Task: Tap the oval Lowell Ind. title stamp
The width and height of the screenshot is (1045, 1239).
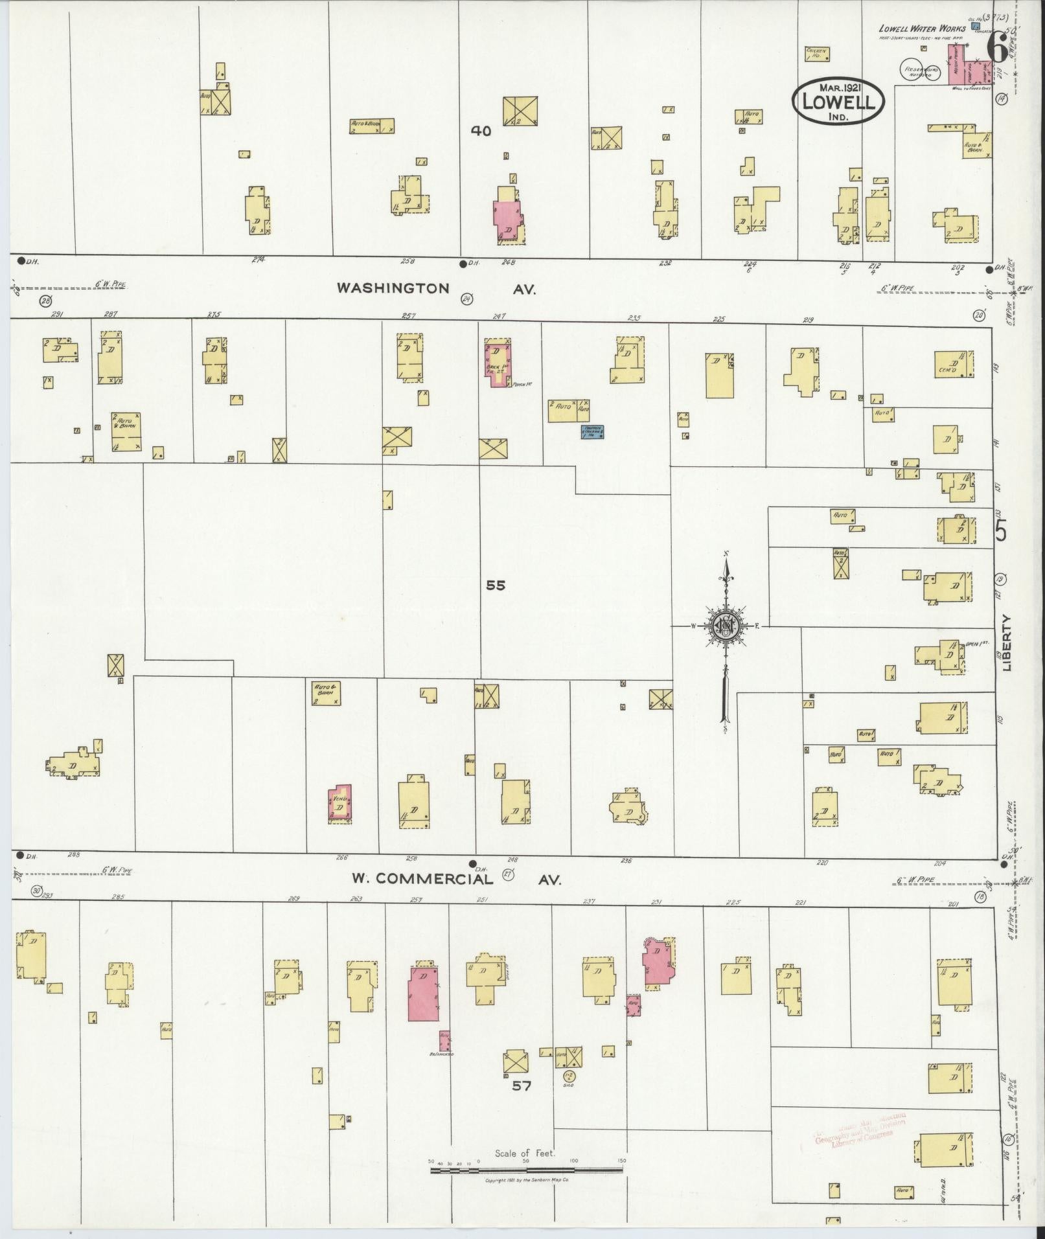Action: [x=838, y=102]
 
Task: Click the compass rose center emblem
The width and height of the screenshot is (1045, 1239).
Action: [x=725, y=626]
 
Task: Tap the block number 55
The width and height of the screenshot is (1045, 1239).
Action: [x=496, y=585]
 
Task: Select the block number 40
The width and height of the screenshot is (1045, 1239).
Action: [x=481, y=131]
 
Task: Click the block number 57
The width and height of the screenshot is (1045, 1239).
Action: [x=522, y=1086]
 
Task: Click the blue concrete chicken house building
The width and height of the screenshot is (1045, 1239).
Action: [x=592, y=431]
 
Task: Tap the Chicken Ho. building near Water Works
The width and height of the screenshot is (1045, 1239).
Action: [x=814, y=53]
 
